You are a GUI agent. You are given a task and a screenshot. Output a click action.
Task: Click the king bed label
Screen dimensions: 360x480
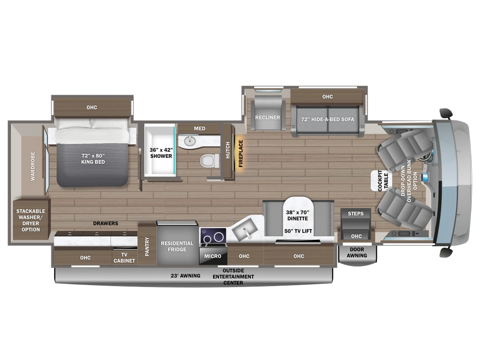coord(93,159)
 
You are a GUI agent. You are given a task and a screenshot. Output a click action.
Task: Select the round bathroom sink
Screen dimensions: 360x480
coord(189,141)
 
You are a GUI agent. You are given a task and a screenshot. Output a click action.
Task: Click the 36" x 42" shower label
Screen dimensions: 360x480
coord(161,153)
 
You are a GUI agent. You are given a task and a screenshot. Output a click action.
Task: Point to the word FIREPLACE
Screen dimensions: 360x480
coord(240,153)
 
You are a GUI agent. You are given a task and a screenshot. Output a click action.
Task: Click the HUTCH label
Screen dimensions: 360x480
coord(228,150)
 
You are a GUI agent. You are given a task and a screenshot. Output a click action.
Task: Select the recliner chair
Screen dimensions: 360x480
coord(267,117)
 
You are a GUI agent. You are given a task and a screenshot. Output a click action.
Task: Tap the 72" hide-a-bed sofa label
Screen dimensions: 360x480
coord(327,119)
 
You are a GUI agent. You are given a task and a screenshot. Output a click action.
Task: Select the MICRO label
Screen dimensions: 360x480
coord(213,256)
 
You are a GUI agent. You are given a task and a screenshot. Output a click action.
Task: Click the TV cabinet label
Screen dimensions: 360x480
coord(124,258)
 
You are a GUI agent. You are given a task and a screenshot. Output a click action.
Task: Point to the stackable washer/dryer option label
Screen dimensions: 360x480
coord(31,220)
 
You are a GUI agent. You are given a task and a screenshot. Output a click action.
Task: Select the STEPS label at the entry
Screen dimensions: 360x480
coord(356,214)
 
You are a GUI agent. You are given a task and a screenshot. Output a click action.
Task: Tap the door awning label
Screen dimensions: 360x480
coord(357,252)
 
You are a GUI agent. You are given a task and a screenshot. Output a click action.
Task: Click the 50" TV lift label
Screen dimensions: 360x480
coord(298,231)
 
